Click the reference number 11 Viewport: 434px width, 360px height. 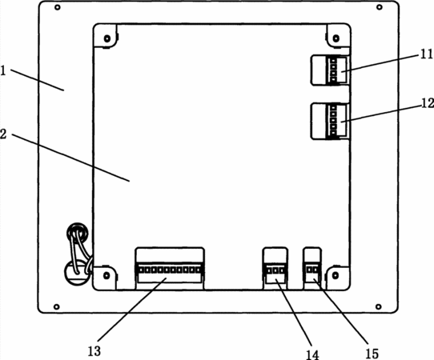(x=427, y=54)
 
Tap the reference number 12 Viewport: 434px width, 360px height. (x=428, y=103)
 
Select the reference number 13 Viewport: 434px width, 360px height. (x=94, y=351)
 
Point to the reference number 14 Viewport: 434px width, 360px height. (x=313, y=354)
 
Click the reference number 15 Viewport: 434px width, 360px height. (x=372, y=354)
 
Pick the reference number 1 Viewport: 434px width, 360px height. (x=3, y=70)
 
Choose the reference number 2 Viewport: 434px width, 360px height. (x=3, y=134)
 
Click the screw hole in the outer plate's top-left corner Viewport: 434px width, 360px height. (x=58, y=7)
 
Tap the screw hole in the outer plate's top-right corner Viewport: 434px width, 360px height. (x=380, y=7)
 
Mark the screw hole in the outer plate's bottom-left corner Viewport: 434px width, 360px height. (x=57, y=306)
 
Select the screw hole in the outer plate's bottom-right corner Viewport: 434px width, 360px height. (x=379, y=306)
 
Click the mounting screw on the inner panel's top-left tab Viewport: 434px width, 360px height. (x=106, y=38)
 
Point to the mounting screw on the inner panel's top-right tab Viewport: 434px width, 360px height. (x=336, y=38)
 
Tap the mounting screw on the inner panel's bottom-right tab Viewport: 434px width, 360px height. (x=336, y=275)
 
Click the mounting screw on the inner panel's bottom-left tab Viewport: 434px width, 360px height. (x=106, y=275)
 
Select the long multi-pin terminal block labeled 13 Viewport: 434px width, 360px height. (x=170, y=268)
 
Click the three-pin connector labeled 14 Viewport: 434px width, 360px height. (x=275, y=268)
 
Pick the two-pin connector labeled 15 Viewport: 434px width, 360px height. (x=313, y=268)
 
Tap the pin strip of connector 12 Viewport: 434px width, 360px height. (x=333, y=121)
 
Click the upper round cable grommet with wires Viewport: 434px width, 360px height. (x=78, y=233)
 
